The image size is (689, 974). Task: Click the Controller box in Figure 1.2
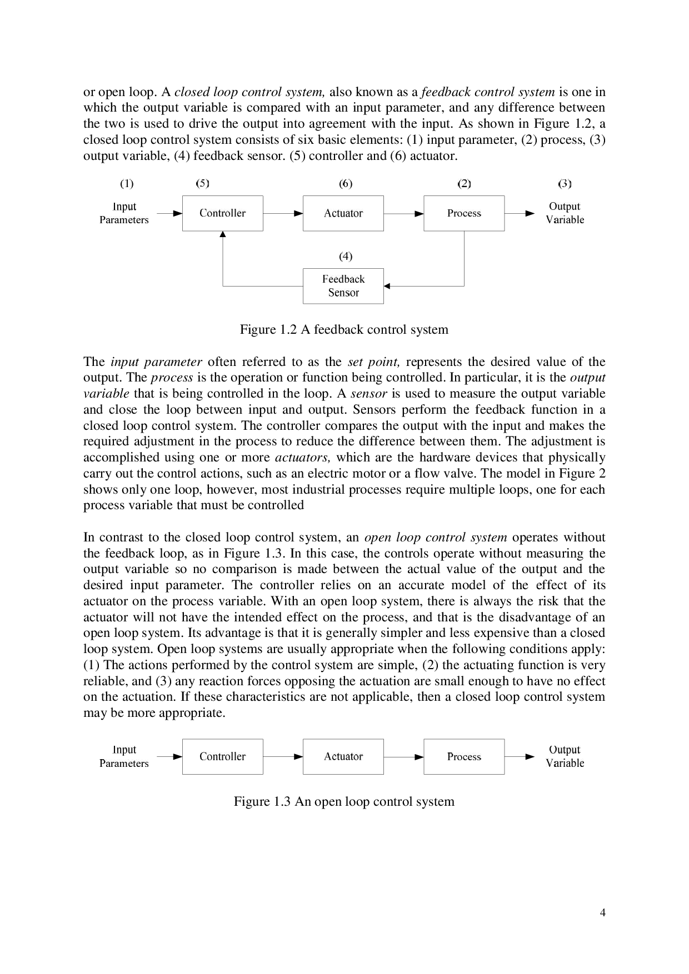click(x=222, y=213)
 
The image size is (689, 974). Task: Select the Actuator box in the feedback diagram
click(x=343, y=213)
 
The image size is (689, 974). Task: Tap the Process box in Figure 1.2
click(x=464, y=213)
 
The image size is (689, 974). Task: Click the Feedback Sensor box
click(x=343, y=286)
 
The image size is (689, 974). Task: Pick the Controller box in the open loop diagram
click(x=222, y=756)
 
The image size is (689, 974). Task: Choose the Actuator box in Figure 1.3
click(x=343, y=756)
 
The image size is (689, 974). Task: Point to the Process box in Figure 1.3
click(x=464, y=756)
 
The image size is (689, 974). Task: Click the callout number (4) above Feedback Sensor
click(x=346, y=256)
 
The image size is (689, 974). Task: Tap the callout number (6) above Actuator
click(x=346, y=184)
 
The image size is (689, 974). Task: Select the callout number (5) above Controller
click(x=203, y=183)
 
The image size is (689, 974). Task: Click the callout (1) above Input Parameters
click(x=127, y=183)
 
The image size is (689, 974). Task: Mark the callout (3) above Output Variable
click(x=565, y=183)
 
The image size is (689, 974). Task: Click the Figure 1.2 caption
click(x=344, y=329)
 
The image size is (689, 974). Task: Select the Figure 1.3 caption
click(x=344, y=801)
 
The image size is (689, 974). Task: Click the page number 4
click(x=602, y=913)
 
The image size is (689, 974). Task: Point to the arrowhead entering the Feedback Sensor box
click(x=387, y=286)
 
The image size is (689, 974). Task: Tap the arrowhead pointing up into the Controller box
click(x=223, y=235)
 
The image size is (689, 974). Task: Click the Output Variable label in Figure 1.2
click(x=565, y=213)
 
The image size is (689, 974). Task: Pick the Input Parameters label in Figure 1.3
click(x=124, y=756)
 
